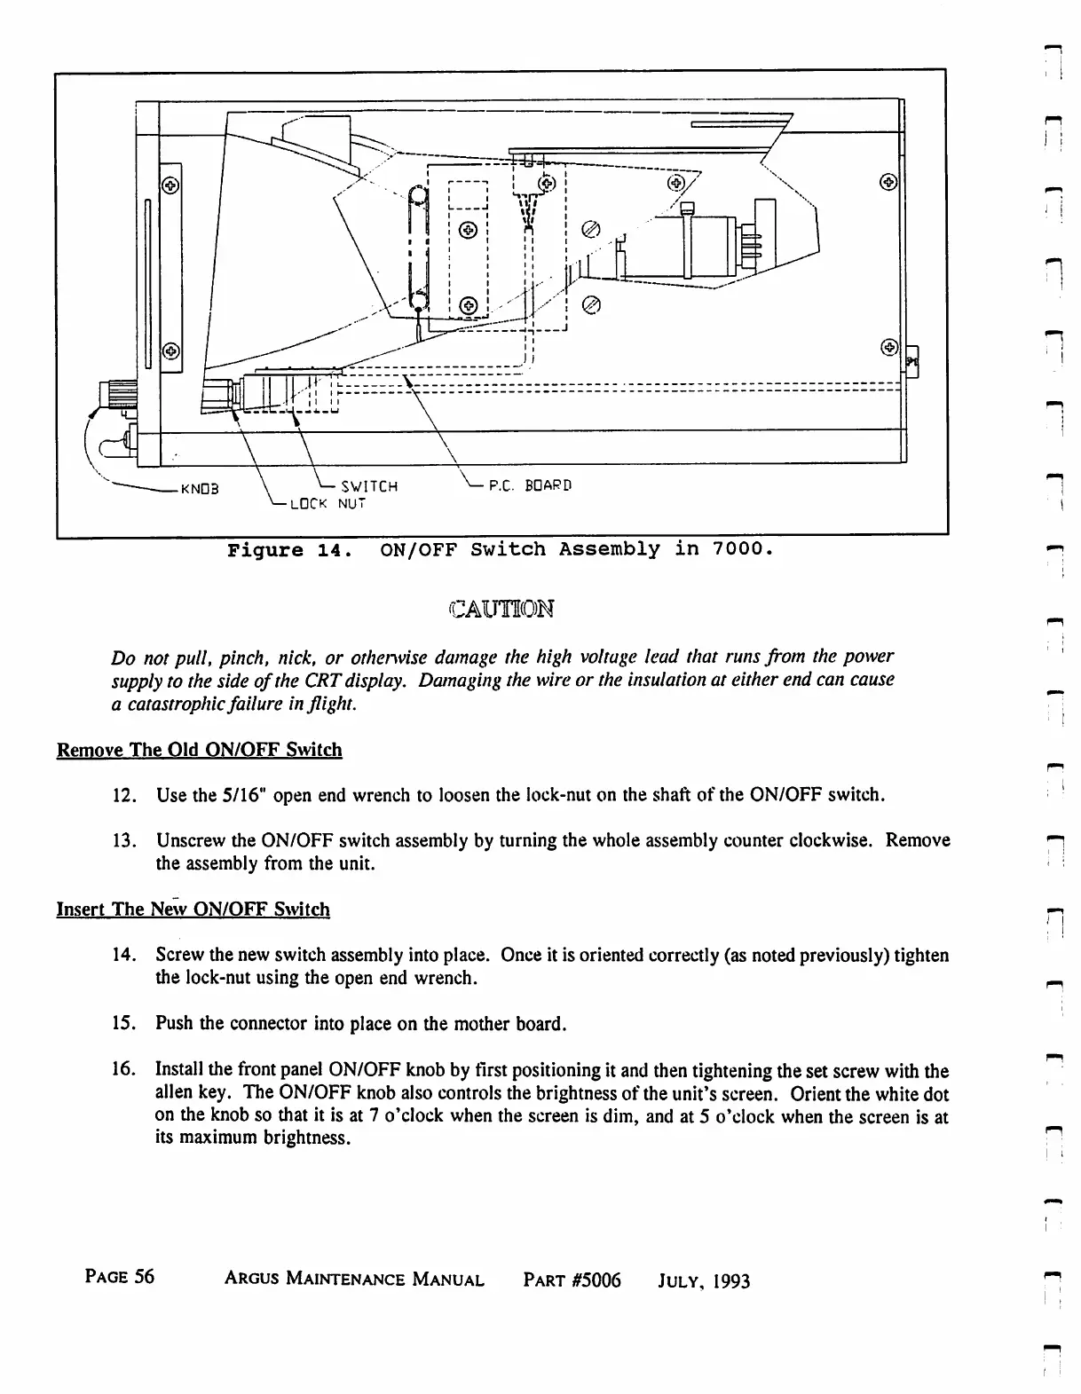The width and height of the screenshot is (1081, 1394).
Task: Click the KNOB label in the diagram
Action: pos(199,488)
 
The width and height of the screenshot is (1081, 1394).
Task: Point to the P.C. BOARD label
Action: pos(530,485)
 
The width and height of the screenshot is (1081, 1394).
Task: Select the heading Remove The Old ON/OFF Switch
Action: pos(199,750)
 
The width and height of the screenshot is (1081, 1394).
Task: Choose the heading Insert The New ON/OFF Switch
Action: pos(193,910)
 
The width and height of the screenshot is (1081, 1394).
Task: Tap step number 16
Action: pos(124,1071)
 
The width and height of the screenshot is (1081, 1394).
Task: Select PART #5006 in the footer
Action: pos(572,1280)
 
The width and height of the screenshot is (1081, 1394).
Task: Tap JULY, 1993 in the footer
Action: pos(704,1281)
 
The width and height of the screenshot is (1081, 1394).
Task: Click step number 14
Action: pos(124,956)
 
